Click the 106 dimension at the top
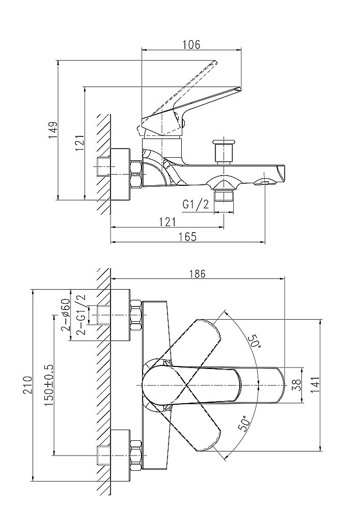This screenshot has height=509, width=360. point(191,44)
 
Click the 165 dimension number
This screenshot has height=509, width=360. point(187,236)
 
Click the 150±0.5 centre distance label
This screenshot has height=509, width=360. point(49,385)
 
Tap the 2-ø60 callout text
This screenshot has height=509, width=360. point(66,315)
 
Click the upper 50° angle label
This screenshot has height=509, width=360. point(255,342)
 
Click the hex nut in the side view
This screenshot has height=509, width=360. point(136,174)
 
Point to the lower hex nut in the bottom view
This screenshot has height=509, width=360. point(136,455)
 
